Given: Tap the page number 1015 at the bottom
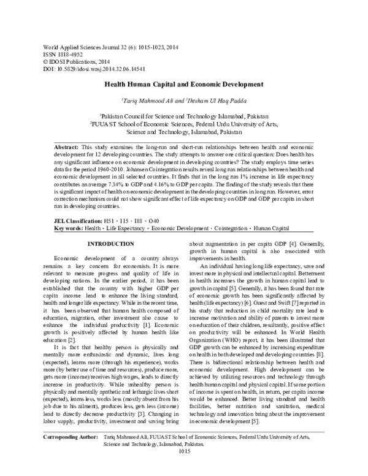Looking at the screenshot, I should (184, 467).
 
